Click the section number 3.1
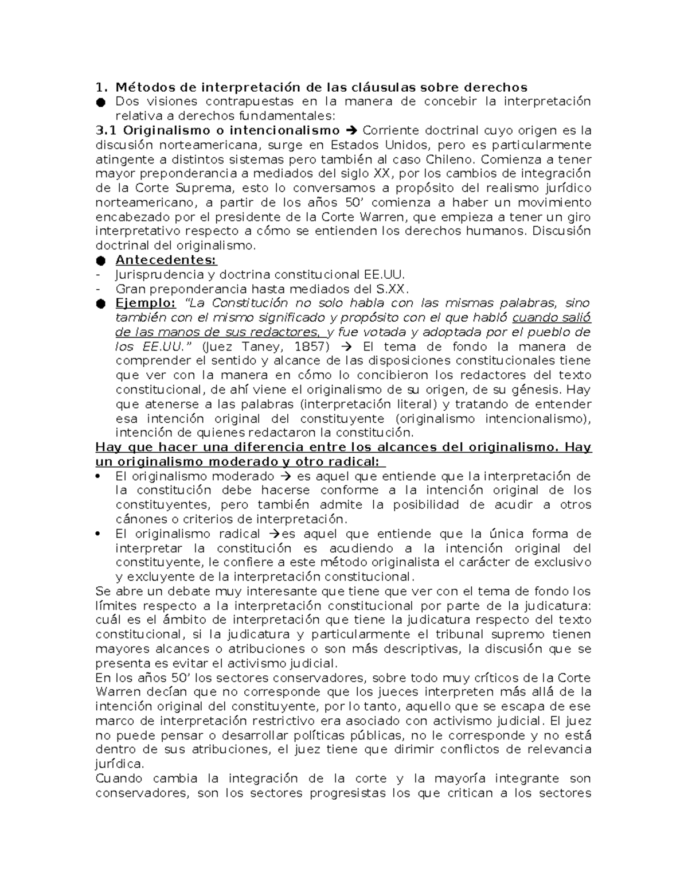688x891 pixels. (106, 130)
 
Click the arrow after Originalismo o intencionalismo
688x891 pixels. (351, 130)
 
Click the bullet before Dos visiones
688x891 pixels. (101, 102)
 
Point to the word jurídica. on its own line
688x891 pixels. (120, 764)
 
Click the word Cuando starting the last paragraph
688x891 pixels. (117, 779)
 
